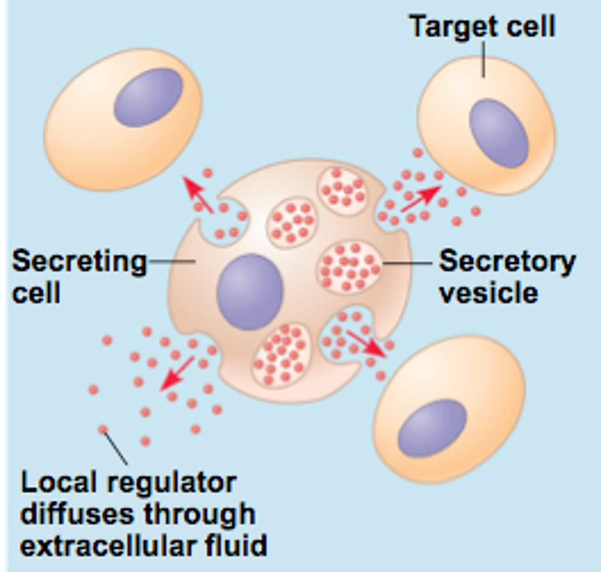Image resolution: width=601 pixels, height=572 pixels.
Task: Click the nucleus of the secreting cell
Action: tap(250, 291)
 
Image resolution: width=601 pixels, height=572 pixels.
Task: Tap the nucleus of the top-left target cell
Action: tap(148, 97)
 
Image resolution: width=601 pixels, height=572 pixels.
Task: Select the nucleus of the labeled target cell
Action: tap(499, 133)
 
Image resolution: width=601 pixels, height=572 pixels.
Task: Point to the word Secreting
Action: tap(79, 262)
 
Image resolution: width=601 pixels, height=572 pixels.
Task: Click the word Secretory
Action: tap(507, 262)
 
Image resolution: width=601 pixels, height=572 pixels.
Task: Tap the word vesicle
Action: tap(488, 292)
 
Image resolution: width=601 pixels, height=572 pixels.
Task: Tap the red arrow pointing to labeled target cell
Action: tap(420, 198)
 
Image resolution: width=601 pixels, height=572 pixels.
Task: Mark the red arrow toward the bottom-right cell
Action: tap(367, 343)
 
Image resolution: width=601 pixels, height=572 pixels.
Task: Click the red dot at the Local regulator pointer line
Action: tap(102, 429)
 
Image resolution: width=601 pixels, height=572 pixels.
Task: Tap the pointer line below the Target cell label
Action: tap(484, 59)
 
